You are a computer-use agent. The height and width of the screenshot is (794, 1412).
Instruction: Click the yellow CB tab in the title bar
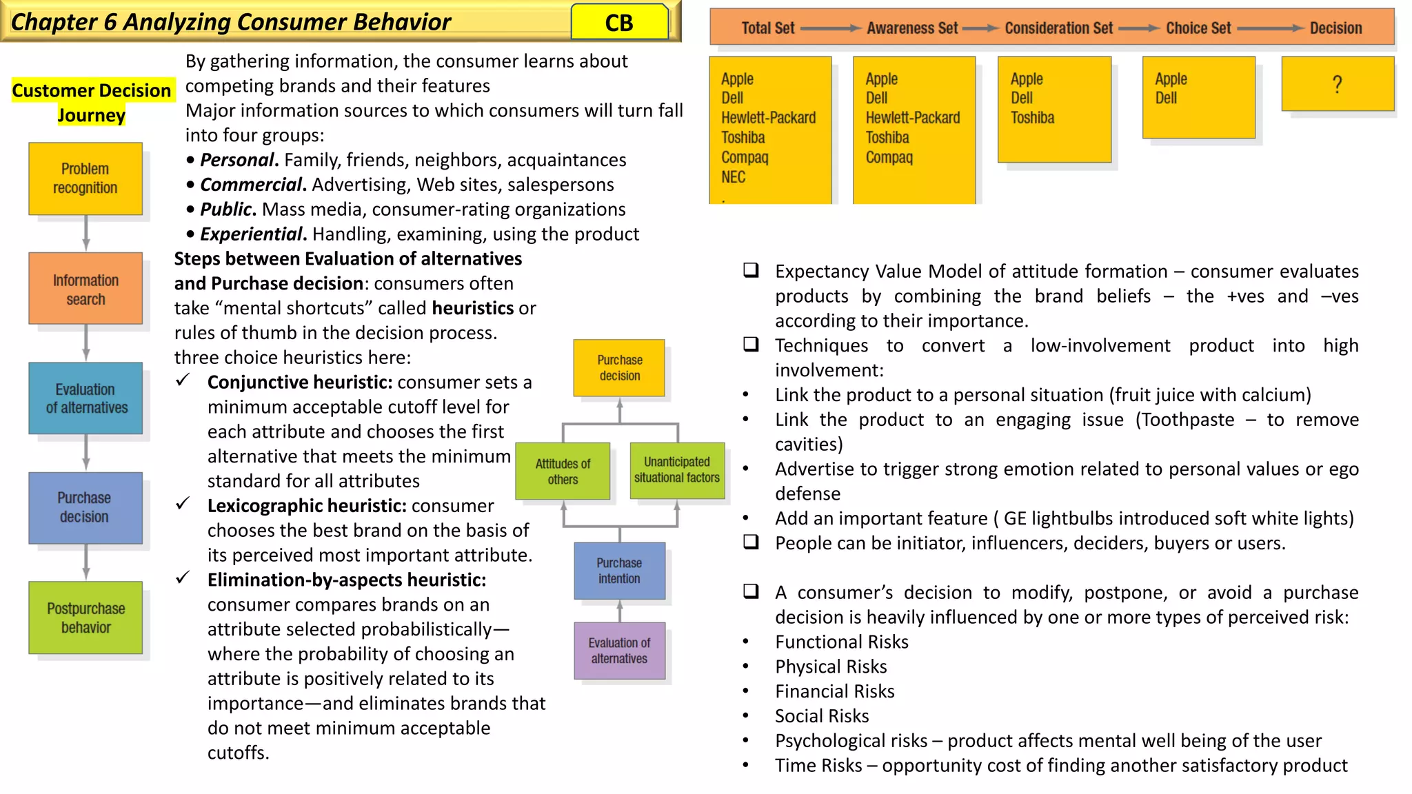[x=619, y=23]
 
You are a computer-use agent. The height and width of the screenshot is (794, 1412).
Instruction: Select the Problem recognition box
[x=85, y=179]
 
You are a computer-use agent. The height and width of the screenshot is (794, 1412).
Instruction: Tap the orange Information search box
[x=85, y=289]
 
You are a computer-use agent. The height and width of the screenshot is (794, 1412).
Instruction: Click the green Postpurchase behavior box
[x=85, y=618]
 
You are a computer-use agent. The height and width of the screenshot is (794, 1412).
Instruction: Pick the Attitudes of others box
[x=563, y=471]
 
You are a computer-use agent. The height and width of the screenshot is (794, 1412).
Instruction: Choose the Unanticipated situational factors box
[x=677, y=470]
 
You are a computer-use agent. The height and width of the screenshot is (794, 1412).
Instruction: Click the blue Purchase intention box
[x=619, y=571]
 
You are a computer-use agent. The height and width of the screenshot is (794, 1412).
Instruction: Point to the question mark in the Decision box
[x=1337, y=84]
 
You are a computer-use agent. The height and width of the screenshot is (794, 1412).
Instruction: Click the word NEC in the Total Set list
[x=733, y=177]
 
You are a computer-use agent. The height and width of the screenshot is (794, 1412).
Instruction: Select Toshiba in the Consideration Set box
[x=1032, y=118]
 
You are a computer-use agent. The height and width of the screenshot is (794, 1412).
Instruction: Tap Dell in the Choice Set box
[x=1166, y=98]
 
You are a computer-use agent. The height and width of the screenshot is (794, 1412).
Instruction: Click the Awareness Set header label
[x=912, y=28]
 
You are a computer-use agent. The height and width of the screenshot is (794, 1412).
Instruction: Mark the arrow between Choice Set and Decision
[x=1270, y=28]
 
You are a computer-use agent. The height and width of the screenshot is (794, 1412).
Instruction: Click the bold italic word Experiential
[x=252, y=234]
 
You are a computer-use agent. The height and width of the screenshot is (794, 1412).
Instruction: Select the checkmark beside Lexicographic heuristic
[x=183, y=505]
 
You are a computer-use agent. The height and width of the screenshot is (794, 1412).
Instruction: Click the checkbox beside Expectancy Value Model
[x=751, y=270]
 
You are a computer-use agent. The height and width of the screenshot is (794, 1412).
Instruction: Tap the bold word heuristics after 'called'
[x=473, y=308]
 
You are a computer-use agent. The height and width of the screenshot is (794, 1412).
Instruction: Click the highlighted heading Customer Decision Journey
[x=92, y=103]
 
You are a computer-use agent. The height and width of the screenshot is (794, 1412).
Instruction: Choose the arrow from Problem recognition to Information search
[x=85, y=233]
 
